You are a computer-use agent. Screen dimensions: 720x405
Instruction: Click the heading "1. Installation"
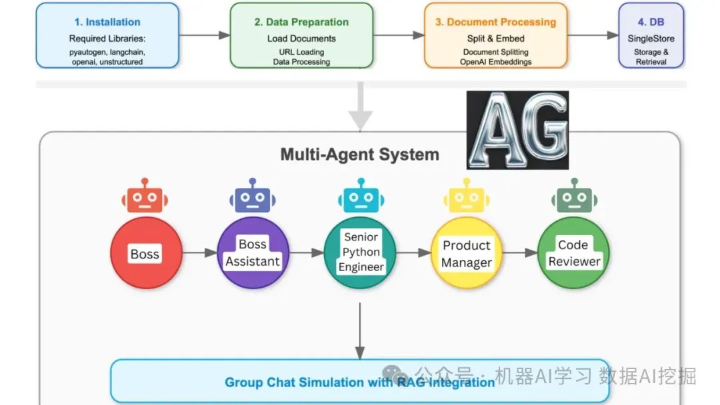click(x=107, y=22)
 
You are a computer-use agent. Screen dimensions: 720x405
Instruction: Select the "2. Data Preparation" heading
click(x=302, y=22)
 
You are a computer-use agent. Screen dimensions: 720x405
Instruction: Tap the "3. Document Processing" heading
click(x=496, y=22)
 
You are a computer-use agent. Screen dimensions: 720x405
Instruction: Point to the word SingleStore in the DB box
click(x=651, y=39)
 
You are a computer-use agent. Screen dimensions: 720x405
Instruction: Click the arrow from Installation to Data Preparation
click(x=205, y=35)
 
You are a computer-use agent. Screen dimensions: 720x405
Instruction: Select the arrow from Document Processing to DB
click(x=593, y=35)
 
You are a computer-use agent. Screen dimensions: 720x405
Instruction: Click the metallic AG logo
click(x=517, y=131)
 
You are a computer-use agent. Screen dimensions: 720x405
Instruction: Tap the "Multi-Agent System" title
click(x=359, y=155)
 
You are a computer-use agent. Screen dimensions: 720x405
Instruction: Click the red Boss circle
click(x=147, y=253)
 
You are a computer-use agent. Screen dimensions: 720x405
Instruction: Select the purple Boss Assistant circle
click(x=253, y=253)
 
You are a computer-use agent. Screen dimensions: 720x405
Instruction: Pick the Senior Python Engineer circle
click(x=361, y=253)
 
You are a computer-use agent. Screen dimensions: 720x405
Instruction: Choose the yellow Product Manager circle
click(x=467, y=253)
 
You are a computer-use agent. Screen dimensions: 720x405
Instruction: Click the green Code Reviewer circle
click(x=573, y=253)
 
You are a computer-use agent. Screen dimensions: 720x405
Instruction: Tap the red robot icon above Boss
click(x=145, y=196)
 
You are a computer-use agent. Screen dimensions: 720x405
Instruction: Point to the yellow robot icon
click(x=467, y=196)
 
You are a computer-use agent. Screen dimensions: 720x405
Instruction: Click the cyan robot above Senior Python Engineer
click(x=361, y=196)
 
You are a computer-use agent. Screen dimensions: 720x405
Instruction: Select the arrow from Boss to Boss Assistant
click(x=200, y=252)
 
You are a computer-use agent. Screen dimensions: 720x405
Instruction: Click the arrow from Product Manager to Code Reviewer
click(x=520, y=252)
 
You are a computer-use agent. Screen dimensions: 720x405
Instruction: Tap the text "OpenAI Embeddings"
click(x=496, y=62)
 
